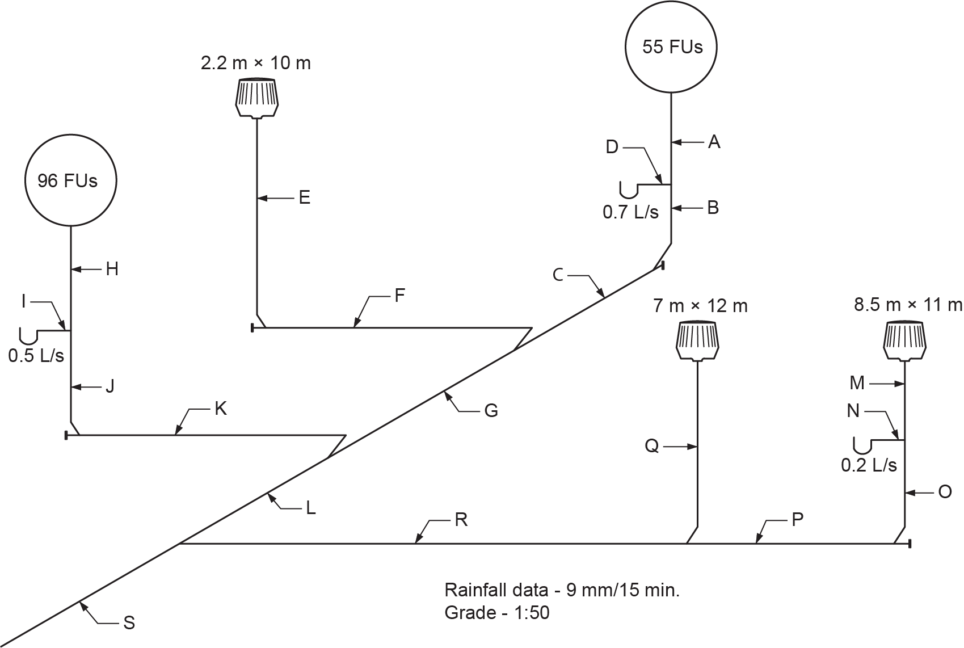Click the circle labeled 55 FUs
pos(671,47)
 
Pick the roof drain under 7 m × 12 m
pos(697,342)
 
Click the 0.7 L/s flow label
pos(630,212)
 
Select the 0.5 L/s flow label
pos(36,356)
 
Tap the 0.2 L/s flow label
pos(869,465)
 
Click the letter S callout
pos(129,623)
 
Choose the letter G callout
pos(491,410)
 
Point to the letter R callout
pos(461,520)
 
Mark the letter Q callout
pos(652,447)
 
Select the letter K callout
pos(221,409)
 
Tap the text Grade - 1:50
pos(497,613)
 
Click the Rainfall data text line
pos(562,590)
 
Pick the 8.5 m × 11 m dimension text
pos(908,305)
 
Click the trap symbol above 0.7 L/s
pos(629,189)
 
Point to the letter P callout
pos(797,520)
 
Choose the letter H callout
pos(112,269)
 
